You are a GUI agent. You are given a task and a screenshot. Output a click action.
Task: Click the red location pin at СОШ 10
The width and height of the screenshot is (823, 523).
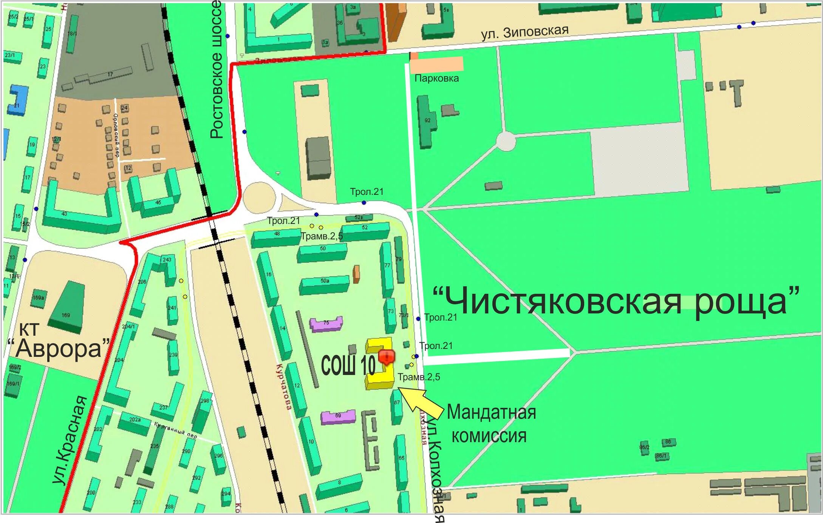click(x=387, y=357)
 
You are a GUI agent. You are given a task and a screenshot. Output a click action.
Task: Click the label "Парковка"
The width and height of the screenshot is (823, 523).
click(x=436, y=79)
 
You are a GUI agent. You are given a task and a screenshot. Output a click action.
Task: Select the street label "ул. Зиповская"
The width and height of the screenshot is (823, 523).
click(x=524, y=32)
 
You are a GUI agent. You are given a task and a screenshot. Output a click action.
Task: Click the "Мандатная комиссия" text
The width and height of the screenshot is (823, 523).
click(x=490, y=424)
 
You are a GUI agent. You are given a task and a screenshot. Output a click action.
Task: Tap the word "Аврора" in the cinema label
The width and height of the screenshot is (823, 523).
click(x=59, y=348)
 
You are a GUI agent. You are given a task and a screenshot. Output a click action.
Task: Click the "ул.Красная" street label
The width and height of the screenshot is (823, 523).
click(x=70, y=440)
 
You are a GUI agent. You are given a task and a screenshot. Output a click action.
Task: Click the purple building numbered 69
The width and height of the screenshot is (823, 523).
click(x=338, y=417)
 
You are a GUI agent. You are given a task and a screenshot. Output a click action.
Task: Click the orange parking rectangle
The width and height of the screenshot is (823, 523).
click(x=437, y=64)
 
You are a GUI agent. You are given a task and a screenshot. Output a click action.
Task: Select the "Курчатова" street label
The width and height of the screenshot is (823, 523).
click(x=284, y=387)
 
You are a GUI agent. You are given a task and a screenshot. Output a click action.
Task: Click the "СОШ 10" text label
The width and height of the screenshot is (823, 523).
click(x=348, y=366)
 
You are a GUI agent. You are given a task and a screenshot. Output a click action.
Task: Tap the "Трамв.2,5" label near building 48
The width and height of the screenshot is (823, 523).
click(x=322, y=237)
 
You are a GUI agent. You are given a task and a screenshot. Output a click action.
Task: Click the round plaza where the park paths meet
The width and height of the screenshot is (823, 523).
click(x=506, y=142)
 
